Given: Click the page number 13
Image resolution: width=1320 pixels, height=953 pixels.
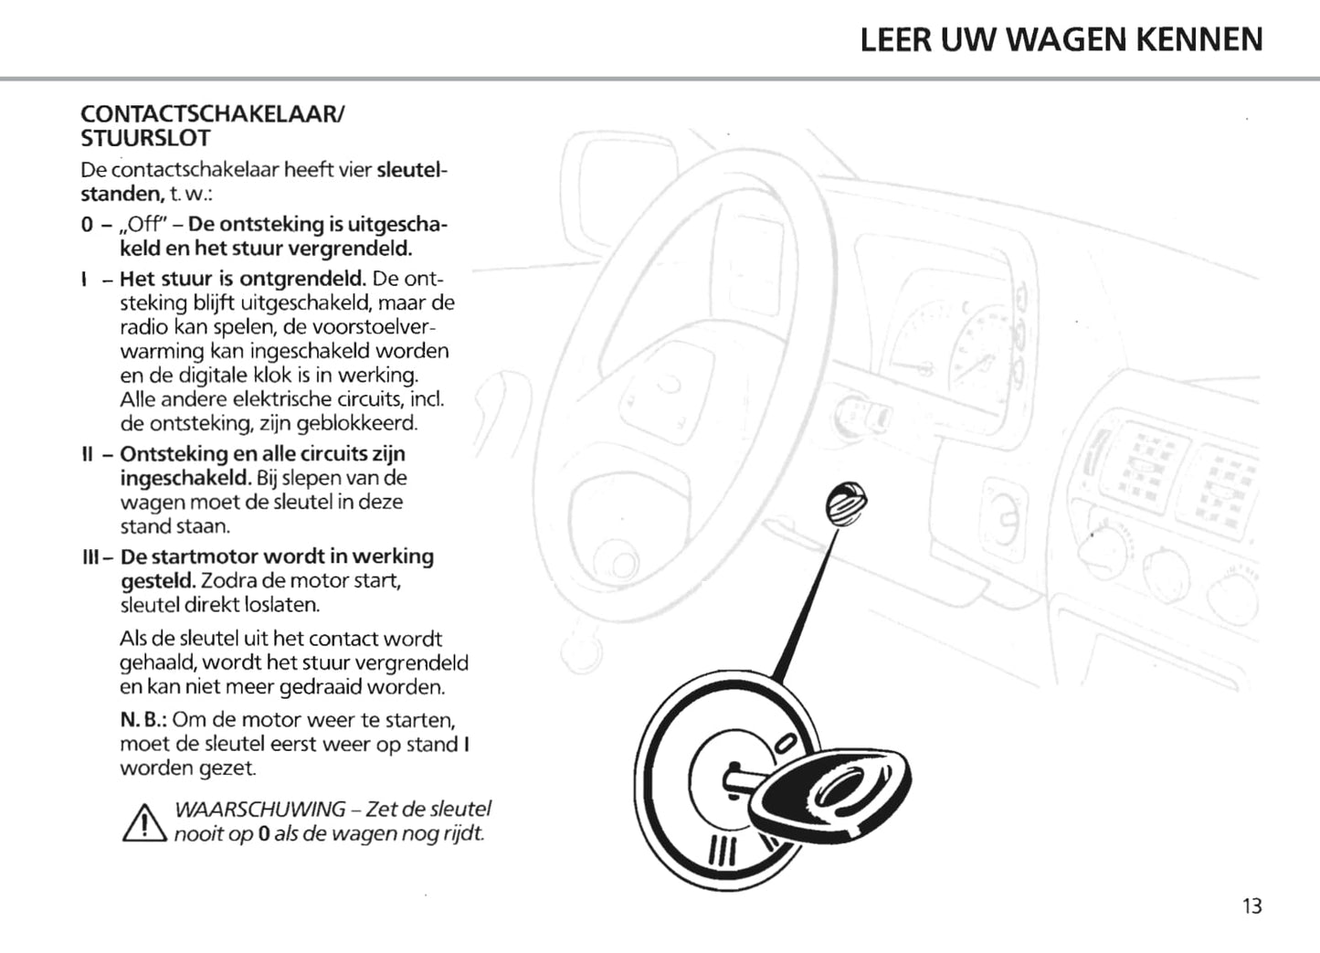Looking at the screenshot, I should pos(1251,905).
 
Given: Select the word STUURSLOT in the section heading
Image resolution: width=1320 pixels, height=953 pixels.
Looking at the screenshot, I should pos(145,139).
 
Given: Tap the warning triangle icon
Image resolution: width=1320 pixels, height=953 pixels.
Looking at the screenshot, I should pos(143,822).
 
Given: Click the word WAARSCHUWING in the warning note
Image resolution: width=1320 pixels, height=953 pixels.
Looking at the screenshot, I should pos(260,810).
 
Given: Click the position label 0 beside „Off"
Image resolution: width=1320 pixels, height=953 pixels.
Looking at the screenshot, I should pos(86,225).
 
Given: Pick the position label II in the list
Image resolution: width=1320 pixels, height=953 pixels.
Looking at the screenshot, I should pos(88,454).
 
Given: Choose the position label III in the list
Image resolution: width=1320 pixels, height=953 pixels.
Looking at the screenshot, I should pos(90,556).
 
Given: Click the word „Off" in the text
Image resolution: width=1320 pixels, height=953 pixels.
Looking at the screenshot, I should pos(146,225).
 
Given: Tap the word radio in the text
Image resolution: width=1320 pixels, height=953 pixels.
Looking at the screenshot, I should pos(144,327).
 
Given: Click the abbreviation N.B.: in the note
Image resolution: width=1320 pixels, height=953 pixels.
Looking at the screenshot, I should pos(143,720).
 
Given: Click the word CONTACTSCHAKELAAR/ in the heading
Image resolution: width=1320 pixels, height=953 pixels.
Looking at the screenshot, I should pos(213,114).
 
